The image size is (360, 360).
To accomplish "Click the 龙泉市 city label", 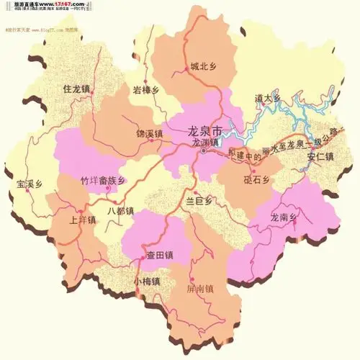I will click(207, 130).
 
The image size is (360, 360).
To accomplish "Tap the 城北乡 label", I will click(204, 66).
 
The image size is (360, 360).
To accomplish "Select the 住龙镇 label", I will click(76, 89).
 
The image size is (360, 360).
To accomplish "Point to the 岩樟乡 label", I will click(146, 90).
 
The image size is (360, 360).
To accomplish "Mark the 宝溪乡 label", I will click(30, 184).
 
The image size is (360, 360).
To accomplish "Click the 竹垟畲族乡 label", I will click(104, 180).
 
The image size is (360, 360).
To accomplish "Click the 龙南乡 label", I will click(284, 216).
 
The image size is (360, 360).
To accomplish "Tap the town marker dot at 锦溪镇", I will click(151, 140).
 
